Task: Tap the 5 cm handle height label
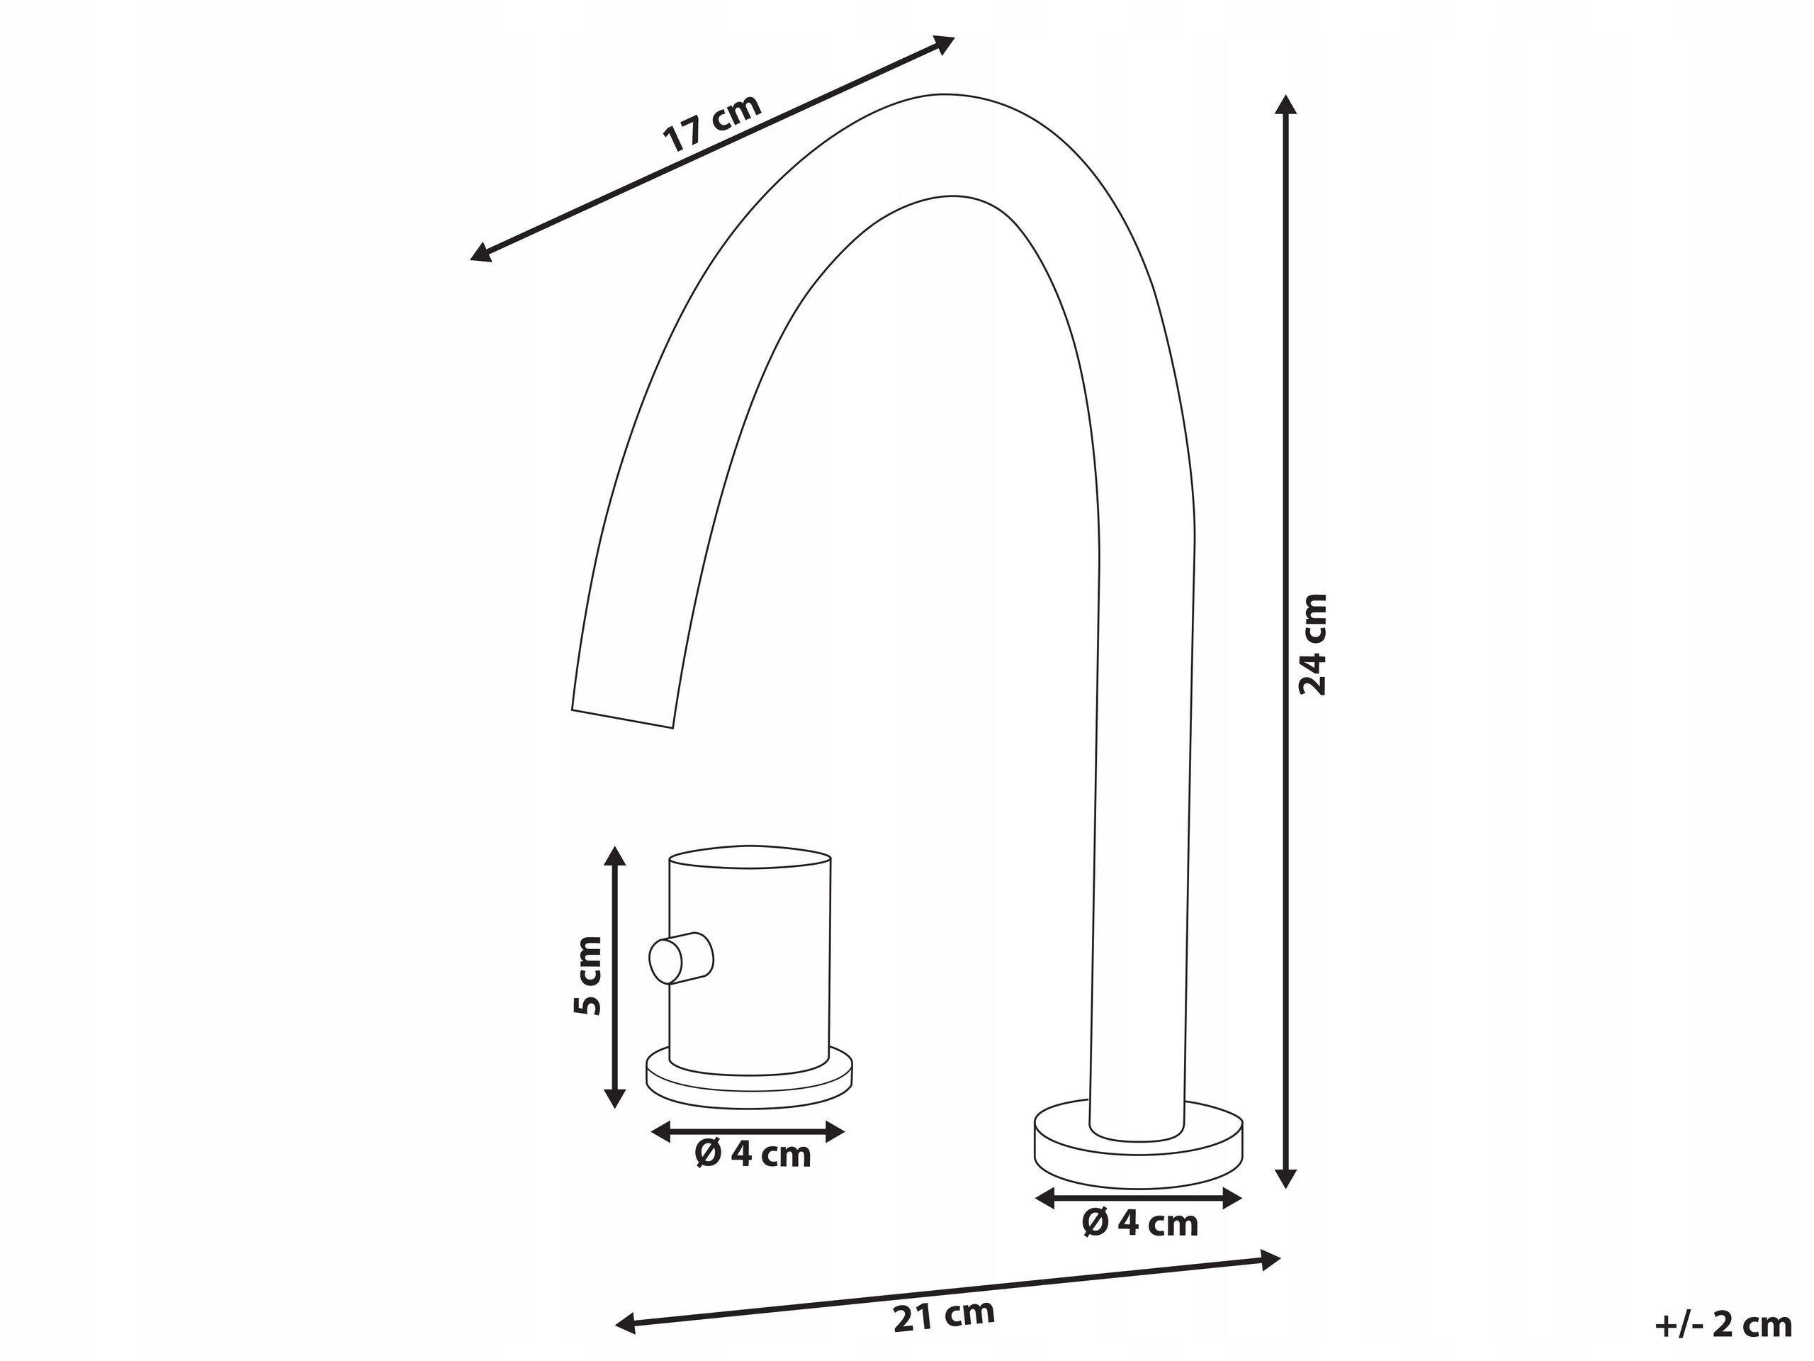[587, 975]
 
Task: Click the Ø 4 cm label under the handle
[753, 1154]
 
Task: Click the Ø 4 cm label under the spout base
[1140, 1223]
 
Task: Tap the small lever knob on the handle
[681, 958]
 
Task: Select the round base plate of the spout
[1138, 1158]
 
